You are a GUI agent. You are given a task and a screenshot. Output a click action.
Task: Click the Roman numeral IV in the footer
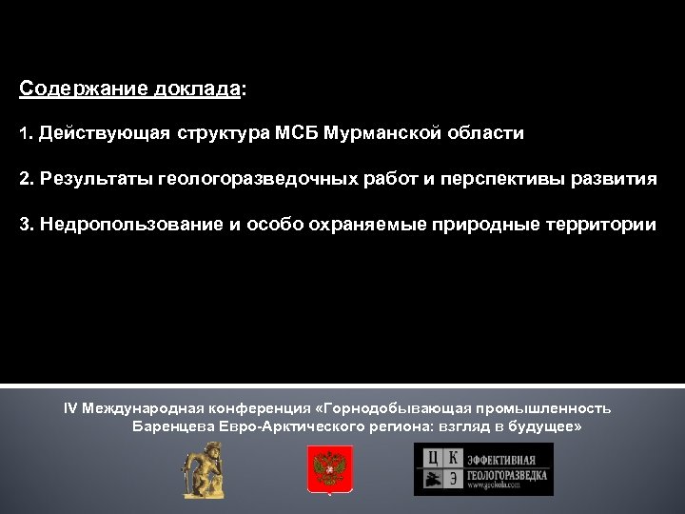(70, 408)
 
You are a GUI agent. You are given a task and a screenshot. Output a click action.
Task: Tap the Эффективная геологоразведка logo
(482, 469)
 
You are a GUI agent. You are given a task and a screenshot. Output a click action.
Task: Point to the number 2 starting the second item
(24, 180)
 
